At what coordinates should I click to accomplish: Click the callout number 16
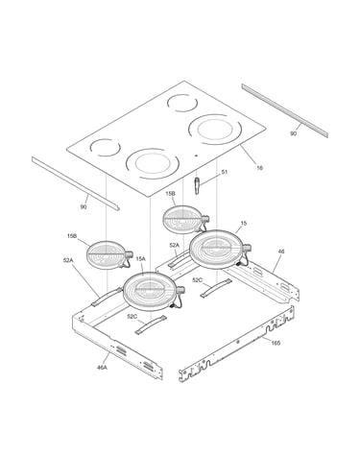pyautogui.click(x=260, y=168)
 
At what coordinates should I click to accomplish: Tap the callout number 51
pyautogui.click(x=225, y=172)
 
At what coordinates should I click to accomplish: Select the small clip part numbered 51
pyautogui.click(x=196, y=185)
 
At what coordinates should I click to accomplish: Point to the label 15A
pyautogui.click(x=141, y=259)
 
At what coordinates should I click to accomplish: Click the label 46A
pyautogui.click(x=102, y=368)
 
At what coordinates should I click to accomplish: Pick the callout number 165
pyautogui.click(x=276, y=343)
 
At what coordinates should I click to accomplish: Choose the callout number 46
pyautogui.click(x=281, y=252)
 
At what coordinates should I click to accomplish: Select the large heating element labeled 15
pyautogui.click(x=220, y=249)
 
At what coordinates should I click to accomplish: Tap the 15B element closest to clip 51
pyautogui.click(x=185, y=220)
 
